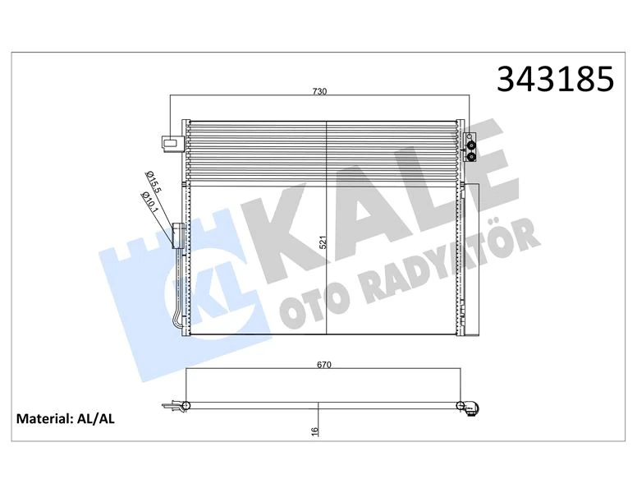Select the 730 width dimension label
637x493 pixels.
coord(319,91)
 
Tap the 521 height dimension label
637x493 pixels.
coord(323,244)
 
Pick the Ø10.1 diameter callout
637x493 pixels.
coord(149,200)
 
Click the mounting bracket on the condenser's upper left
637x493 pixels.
coord(170,143)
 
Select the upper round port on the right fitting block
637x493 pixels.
coord(470,140)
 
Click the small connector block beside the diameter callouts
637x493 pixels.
coord(176,235)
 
